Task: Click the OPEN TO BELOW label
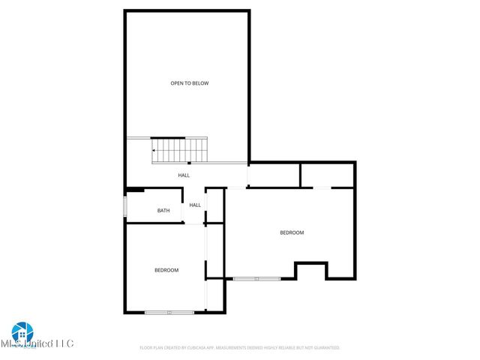pos(189,83)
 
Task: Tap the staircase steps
pos(180,149)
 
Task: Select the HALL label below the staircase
pos(184,175)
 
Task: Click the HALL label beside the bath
pos(195,205)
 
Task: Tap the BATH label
pos(163,211)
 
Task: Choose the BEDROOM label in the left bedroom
pos(166,270)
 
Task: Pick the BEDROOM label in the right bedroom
pos(292,232)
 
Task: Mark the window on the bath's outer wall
pos(125,206)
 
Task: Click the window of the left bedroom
pos(169,312)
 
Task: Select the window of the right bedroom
pos(256,279)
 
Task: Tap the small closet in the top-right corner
pos(327,175)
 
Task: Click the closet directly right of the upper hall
pos(274,175)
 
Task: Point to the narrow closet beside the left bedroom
pos(215,251)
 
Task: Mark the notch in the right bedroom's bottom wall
pos(311,271)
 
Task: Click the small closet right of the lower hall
pos(215,205)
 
